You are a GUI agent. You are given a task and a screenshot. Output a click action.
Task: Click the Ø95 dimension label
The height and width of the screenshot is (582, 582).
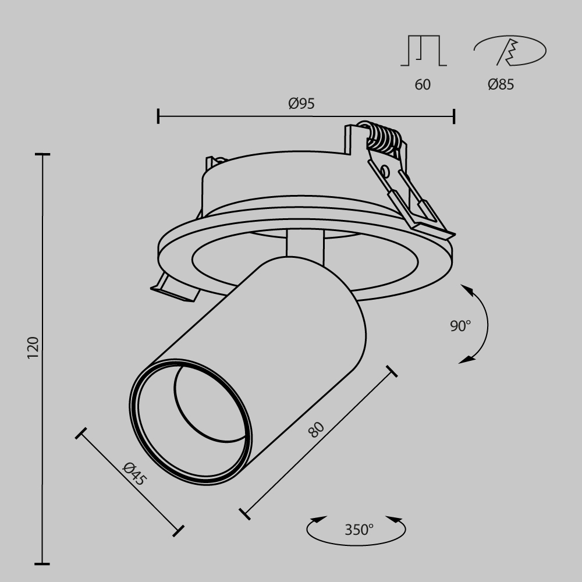pyautogui.click(x=301, y=104)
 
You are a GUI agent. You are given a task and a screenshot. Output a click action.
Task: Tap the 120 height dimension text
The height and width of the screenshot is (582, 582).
pyautogui.click(x=33, y=347)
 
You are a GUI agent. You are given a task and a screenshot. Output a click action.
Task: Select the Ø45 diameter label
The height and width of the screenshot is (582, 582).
pyautogui.click(x=134, y=474)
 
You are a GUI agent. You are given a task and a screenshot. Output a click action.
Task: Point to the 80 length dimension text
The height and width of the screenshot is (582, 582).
pyautogui.click(x=316, y=430)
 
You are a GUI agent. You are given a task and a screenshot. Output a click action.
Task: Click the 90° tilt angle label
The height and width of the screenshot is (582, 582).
pyautogui.click(x=460, y=326)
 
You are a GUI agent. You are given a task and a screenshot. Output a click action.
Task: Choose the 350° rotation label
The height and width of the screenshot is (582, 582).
pyautogui.click(x=359, y=530)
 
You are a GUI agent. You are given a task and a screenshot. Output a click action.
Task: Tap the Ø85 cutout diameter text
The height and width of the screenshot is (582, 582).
pyautogui.click(x=501, y=84)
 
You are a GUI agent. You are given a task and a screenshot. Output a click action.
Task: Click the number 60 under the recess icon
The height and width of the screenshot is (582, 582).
pyautogui.click(x=423, y=84)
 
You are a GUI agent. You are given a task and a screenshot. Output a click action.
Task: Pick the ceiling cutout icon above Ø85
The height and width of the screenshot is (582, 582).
pyautogui.click(x=509, y=51)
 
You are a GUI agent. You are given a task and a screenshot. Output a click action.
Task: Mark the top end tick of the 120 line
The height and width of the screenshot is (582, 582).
pyautogui.click(x=42, y=155)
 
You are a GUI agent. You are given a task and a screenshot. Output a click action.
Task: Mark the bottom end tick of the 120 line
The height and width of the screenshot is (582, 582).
pyautogui.click(x=42, y=563)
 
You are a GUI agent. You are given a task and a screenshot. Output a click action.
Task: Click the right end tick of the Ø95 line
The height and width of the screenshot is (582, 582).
pyautogui.click(x=454, y=116)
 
